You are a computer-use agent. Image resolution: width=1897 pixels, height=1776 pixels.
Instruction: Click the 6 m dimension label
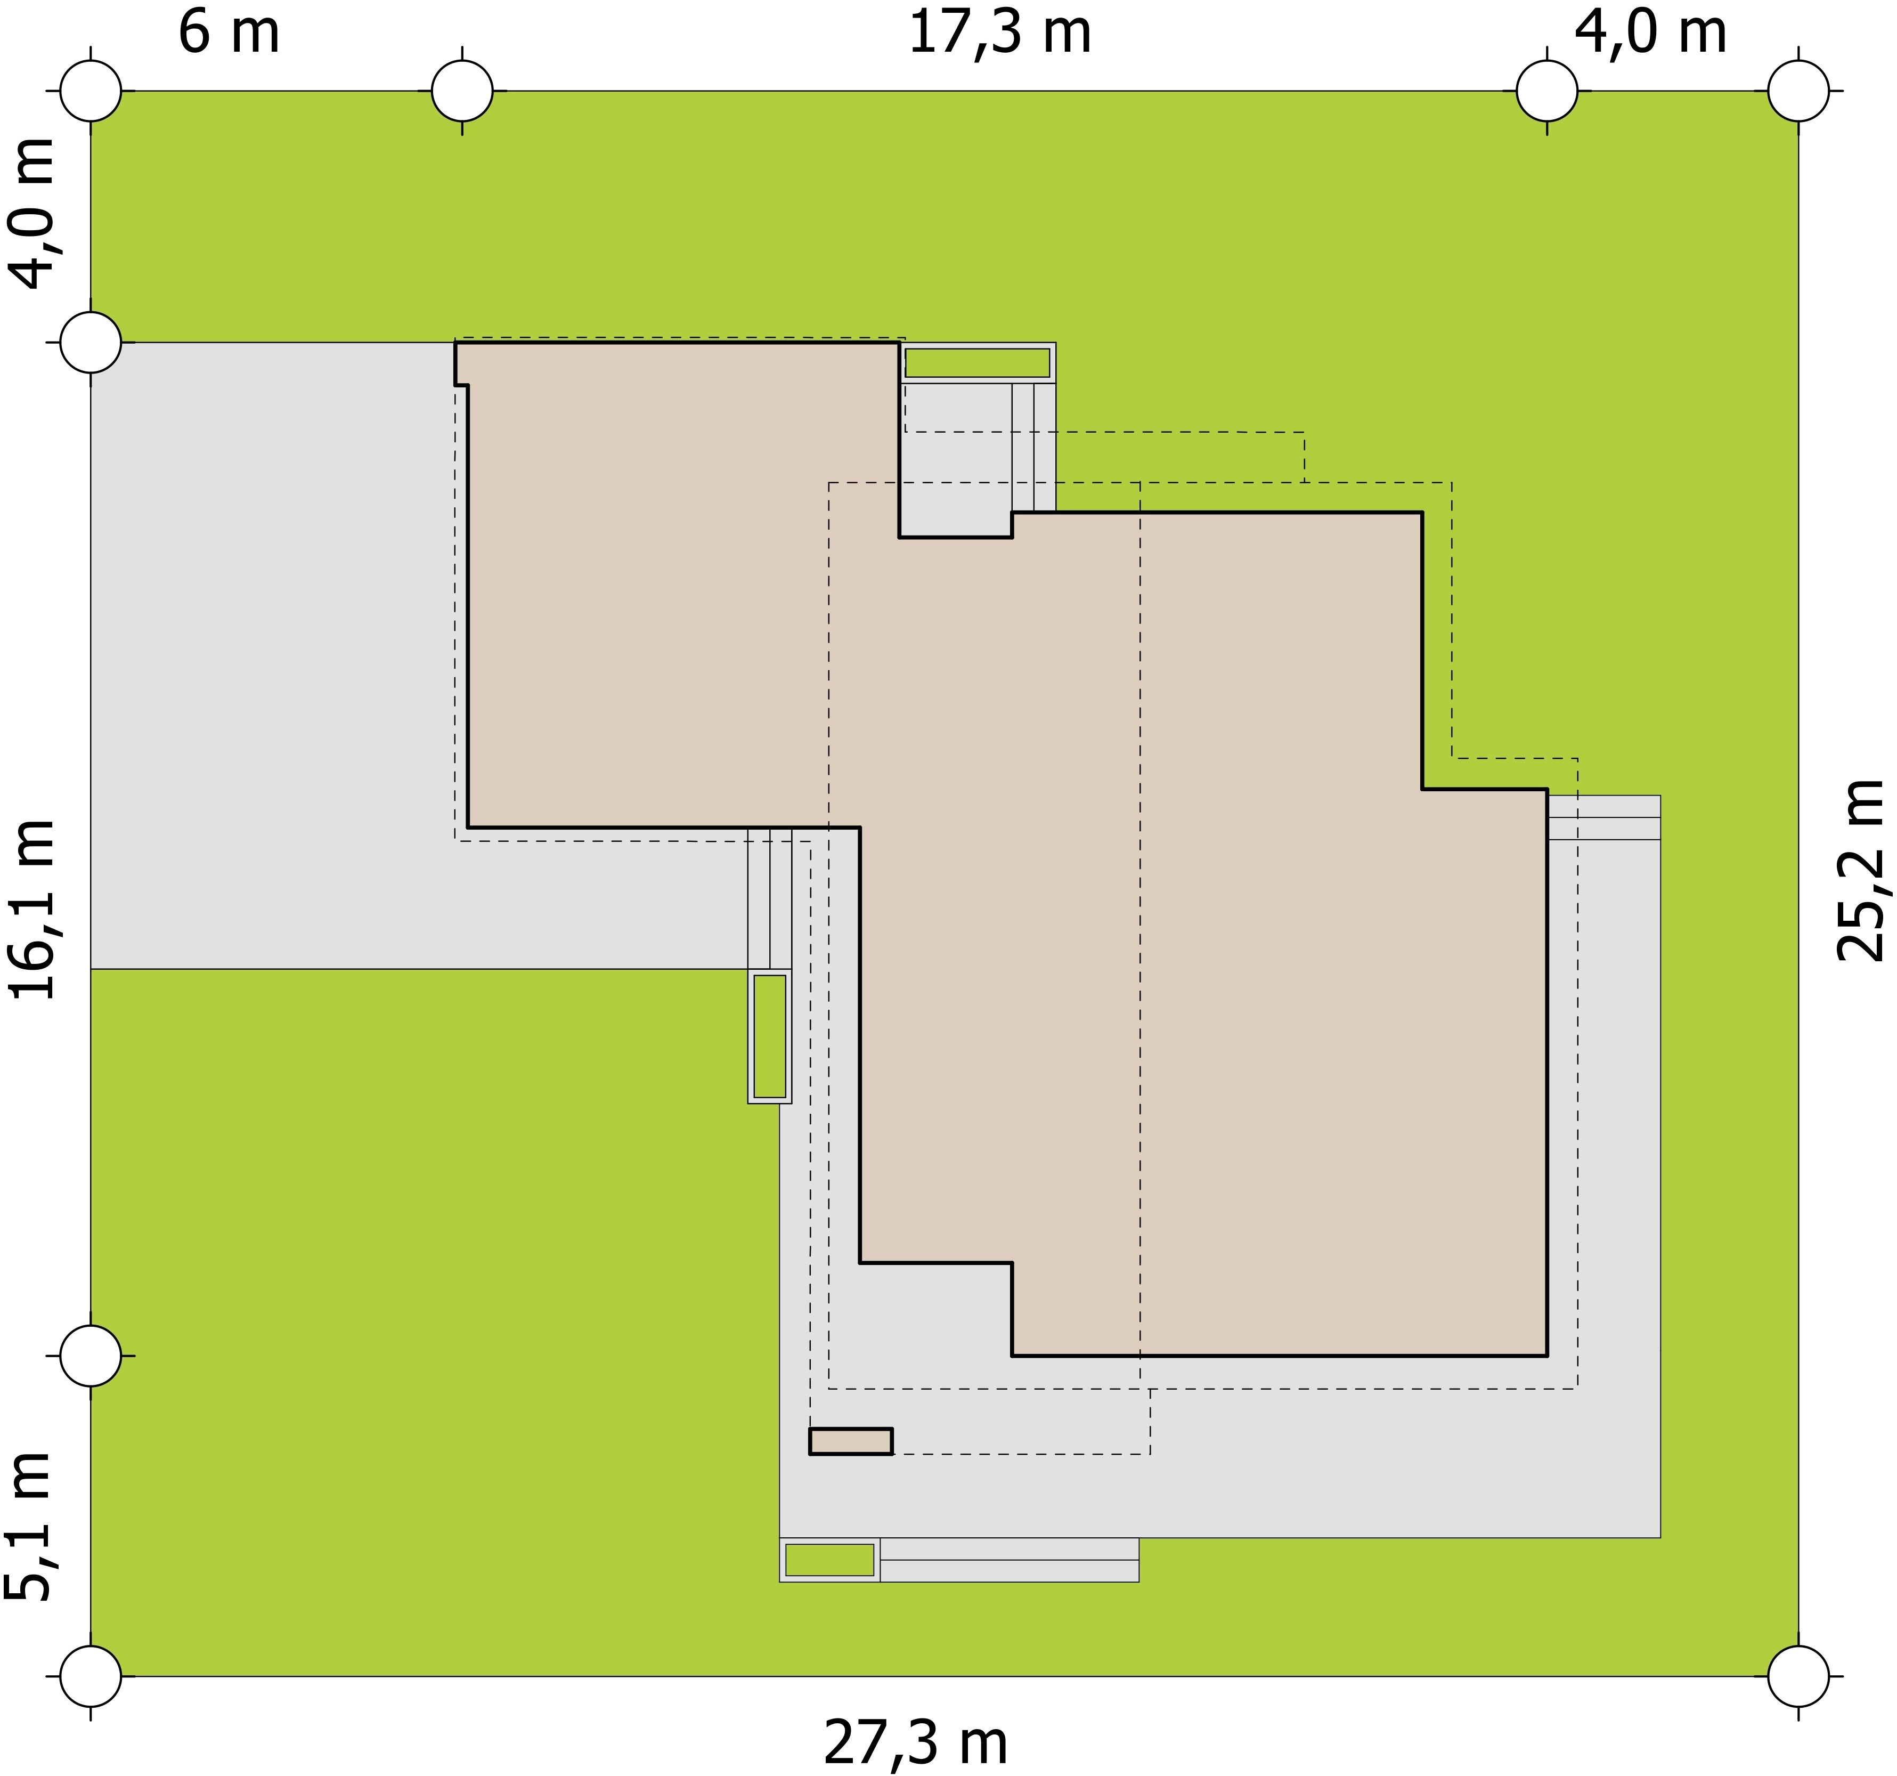[x=229, y=34]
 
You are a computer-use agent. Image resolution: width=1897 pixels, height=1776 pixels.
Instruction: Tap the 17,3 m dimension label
[x=999, y=34]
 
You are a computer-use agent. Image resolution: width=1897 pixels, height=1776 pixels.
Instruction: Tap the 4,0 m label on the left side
[x=34, y=213]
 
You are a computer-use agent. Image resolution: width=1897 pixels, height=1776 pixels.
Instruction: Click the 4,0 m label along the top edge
[x=1650, y=34]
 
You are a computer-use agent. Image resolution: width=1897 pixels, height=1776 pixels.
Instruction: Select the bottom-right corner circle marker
[x=1799, y=1676]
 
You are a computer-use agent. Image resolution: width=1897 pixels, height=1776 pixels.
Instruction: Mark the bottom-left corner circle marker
[x=91, y=1676]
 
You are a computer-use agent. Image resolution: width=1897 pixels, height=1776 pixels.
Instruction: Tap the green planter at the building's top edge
[x=977, y=363]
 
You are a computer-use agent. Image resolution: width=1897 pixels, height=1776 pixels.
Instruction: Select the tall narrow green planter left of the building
[x=770, y=1036]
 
